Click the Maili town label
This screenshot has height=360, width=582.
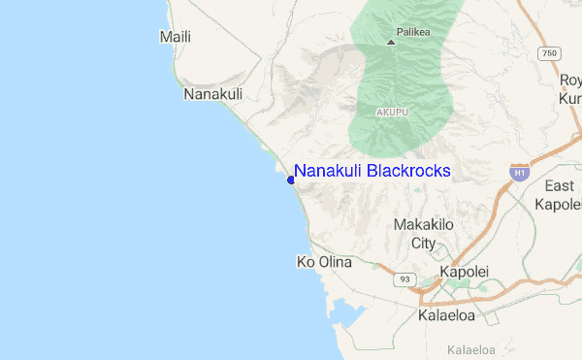(175, 37)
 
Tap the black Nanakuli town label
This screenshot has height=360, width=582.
(212, 95)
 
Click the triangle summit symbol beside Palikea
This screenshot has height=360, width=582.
(391, 42)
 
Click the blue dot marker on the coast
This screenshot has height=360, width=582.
(291, 180)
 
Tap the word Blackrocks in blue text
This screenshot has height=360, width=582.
(408, 171)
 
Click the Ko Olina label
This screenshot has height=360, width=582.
(323, 263)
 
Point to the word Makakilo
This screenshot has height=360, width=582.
(423, 225)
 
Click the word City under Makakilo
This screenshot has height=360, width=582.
(423, 243)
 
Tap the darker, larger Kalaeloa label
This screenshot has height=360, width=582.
(450, 315)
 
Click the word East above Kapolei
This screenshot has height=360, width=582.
(559, 186)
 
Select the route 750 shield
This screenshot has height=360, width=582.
(550, 52)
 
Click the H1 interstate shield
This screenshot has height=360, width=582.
(520, 173)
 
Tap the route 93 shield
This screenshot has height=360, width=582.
(404, 279)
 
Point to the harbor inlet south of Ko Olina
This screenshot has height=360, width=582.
(344, 312)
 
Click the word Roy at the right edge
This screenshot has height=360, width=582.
(570, 80)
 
